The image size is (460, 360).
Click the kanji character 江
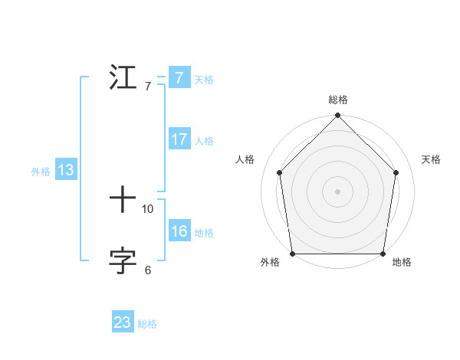(124, 78)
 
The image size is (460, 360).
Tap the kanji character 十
(124, 201)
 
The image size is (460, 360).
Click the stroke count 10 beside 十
(148, 208)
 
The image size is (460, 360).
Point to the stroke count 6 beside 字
(148, 270)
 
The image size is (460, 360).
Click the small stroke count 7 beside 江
(148, 86)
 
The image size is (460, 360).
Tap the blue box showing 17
(179, 139)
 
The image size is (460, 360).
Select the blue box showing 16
(179, 231)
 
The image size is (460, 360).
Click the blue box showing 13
(66, 171)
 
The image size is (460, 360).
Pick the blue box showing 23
(123, 323)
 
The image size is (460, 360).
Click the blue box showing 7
(179, 78)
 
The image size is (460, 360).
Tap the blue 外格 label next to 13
(41, 172)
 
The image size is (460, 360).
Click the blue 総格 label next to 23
(147, 324)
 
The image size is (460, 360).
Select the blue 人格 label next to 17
(204, 141)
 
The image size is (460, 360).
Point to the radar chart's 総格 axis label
(338, 100)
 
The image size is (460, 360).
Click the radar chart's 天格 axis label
(432, 159)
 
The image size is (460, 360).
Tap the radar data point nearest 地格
(383, 254)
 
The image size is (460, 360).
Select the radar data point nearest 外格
(293, 254)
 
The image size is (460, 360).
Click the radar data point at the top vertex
(338, 116)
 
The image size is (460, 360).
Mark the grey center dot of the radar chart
(338, 191)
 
